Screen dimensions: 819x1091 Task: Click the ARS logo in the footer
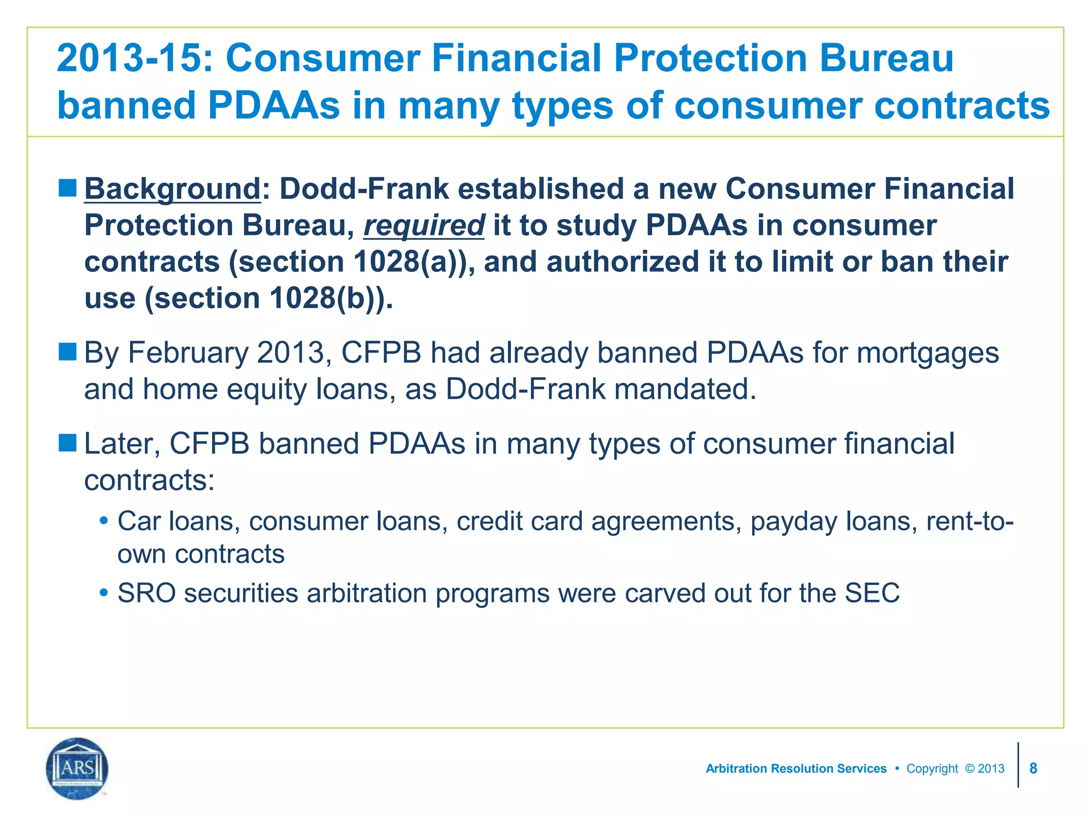(77, 768)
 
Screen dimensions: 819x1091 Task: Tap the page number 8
(1033, 768)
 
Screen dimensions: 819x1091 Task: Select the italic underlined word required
(424, 226)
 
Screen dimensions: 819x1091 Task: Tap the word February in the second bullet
(188, 353)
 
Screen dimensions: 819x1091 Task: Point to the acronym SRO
(146, 593)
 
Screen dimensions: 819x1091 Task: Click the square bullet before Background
(68, 188)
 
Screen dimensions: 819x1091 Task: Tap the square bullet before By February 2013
(68, 352)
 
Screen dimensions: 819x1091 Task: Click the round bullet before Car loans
(104, 520)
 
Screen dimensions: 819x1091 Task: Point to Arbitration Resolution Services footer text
(796, 768)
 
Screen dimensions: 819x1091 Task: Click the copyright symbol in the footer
(970, 768)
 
